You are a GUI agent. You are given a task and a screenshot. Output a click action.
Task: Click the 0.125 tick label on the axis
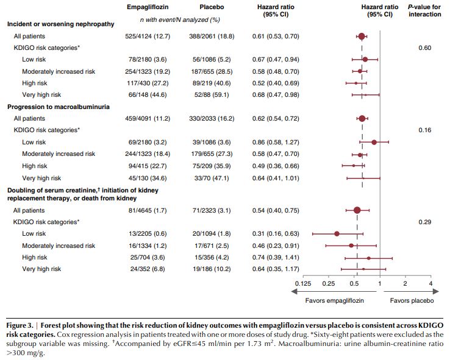[302, 284]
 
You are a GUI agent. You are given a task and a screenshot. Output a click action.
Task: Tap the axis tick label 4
[430, 284]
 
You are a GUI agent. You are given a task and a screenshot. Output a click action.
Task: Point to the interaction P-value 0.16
[425, 130]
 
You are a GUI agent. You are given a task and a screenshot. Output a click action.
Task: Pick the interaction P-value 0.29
[425, 222]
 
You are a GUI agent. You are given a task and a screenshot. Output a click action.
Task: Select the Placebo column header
[212, 7]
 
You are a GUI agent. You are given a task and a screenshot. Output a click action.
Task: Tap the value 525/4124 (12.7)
[148, 37]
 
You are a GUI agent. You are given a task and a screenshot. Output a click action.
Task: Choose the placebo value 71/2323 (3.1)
[212, 211]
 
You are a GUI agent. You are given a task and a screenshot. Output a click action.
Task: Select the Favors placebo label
[412, 300]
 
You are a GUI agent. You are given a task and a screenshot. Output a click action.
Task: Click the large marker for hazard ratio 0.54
[357, 211]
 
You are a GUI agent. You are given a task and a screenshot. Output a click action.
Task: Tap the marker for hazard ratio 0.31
[337, 233]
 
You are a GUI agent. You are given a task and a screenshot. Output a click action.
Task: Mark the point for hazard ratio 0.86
[374, 142]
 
